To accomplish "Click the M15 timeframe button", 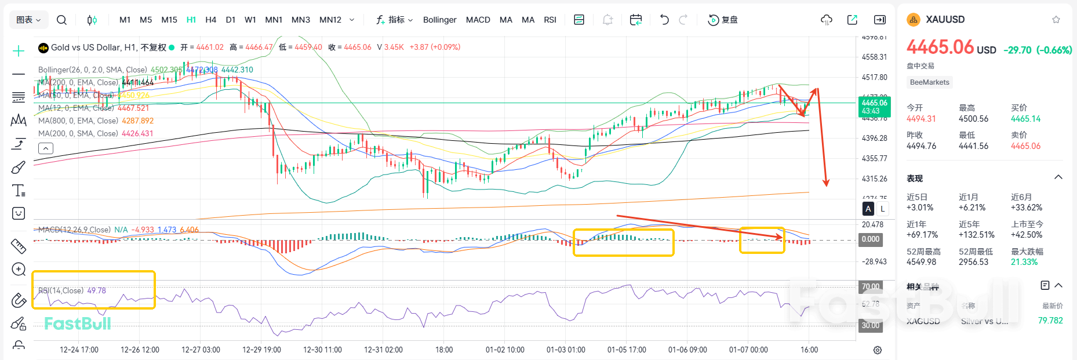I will coord(169,20).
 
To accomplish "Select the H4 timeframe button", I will coord(210,20).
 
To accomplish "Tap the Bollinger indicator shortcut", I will coord(439,20).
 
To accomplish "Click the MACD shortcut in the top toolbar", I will coord(478,20).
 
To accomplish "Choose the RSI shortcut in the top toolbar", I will coord(550,20).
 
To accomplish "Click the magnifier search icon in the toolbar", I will coord(61,20).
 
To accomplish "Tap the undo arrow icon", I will coord(664,20).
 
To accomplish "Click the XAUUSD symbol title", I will coord(945,19).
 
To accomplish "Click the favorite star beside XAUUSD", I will coord(1056,20).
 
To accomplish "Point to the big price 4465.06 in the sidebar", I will coord(940,47).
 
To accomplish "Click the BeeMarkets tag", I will coord(929,82).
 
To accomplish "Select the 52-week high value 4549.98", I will coord(921,262).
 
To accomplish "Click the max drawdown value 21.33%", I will coord(1024,262).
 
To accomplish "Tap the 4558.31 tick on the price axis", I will coord(874,57).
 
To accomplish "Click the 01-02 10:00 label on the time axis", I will coord(505,350).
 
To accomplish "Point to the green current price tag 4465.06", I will coord(874,107).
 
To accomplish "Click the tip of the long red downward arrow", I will coord(826,186).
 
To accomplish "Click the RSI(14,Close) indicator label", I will coord(61,290).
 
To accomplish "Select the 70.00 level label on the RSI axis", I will coord(870,286).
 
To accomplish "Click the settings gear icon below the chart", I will coord(878,350).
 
